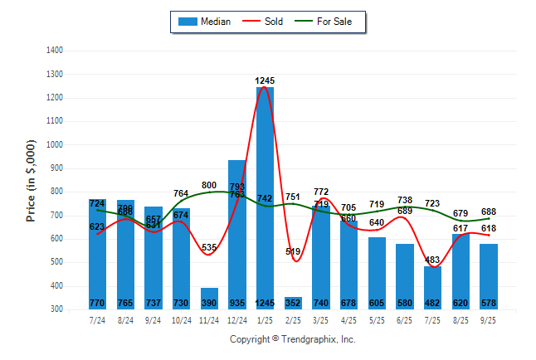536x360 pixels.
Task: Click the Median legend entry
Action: (207, 22)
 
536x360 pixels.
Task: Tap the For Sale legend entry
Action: (332, 22)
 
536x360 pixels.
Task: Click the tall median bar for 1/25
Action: (265, 199)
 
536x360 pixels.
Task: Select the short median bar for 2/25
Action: (293, 303)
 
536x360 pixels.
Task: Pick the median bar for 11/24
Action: (209, 299)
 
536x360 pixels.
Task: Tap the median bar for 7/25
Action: (432, 287)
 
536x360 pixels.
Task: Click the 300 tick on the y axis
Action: (56, 309)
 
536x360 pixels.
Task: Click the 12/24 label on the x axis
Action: (236, 319)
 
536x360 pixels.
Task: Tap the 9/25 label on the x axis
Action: (489, 319)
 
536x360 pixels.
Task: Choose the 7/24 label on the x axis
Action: (97, 319)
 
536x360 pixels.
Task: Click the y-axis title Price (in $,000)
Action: (31, 179)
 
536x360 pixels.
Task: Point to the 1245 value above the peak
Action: (265, 80)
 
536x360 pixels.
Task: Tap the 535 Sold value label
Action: (209, 247)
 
